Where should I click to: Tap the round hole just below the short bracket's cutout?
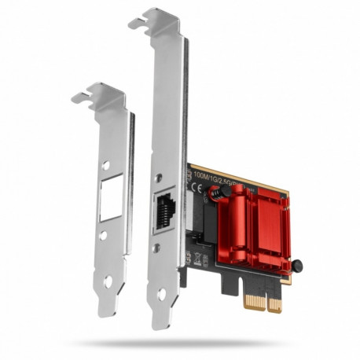coord(105,235)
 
